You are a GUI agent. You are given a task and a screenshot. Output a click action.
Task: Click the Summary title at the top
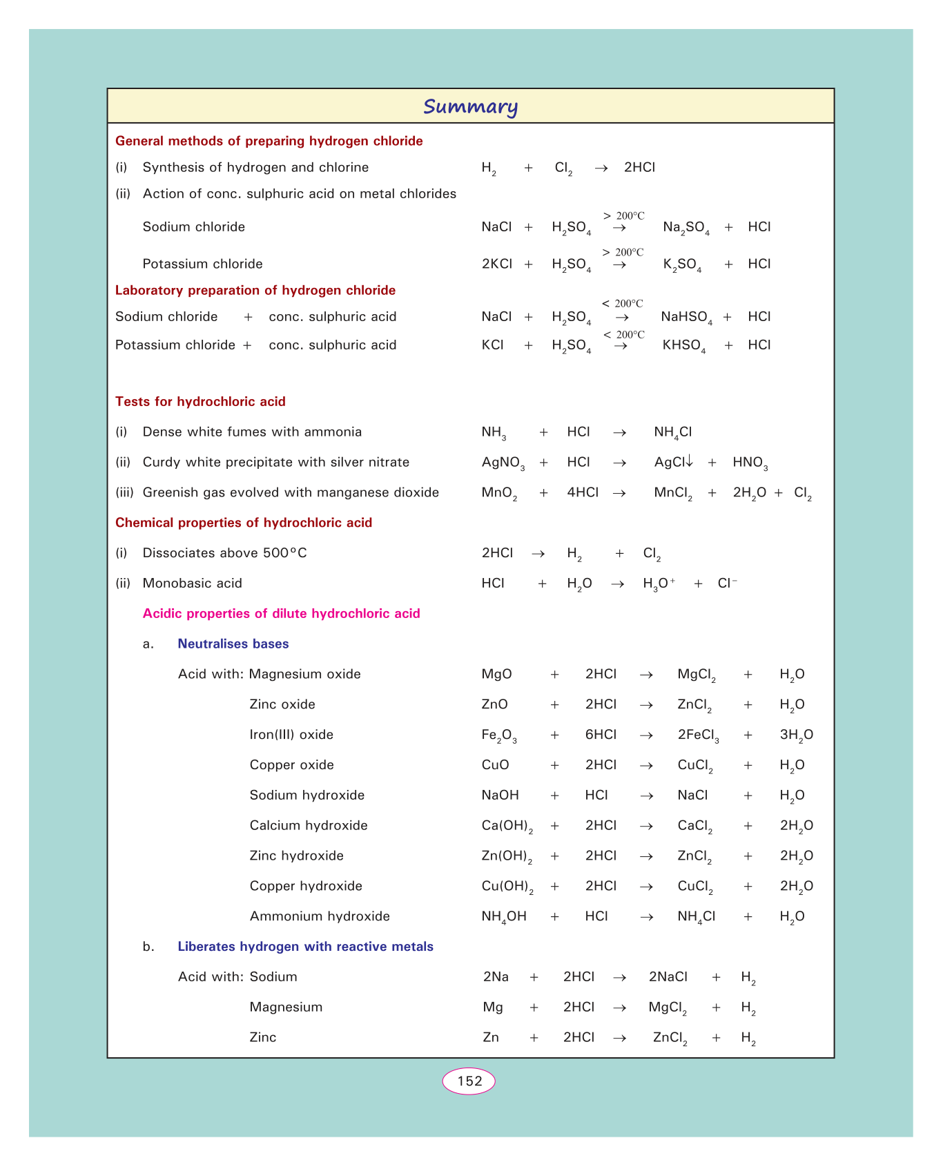click(470, 106)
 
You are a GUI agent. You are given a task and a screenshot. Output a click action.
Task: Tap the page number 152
click(469, 1081)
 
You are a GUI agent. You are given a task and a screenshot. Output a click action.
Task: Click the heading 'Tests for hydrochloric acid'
click(200, 402)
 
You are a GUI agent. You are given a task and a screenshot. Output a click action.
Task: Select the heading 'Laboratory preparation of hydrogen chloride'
click(255, 290)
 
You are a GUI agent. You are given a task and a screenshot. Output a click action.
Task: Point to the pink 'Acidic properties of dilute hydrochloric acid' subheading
click(281, 614)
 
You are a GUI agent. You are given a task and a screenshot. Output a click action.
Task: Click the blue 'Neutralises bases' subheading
click(233, 644)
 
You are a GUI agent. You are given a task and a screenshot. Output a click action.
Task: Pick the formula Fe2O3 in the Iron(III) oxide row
click(498, 735)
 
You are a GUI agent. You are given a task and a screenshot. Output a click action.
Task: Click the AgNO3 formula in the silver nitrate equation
click(503, 463)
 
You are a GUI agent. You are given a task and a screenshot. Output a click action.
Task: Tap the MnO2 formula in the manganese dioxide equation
click(499, 493)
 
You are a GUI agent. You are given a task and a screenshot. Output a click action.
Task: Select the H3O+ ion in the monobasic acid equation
click(659, 583)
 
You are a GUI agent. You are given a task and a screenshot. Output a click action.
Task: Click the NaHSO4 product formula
click(686, 317)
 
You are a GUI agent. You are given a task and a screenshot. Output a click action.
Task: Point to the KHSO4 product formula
click(684, 345)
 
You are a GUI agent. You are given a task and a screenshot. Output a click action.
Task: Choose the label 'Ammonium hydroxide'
click(320, 916)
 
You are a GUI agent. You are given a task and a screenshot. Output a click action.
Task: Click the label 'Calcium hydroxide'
click(309, 825)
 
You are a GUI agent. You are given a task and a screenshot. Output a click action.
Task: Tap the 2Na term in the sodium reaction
click(496, 977)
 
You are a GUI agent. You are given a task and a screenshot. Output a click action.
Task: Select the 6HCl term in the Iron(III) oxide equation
click(601, 735)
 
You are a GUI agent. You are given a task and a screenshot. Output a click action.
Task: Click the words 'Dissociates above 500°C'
click(224, 553)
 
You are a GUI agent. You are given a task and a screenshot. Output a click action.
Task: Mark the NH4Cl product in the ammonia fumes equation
click(672, 432)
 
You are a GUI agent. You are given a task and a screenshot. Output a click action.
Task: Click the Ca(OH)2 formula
click(507, 826)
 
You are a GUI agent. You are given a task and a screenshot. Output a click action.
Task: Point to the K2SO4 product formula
click(682, 264)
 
